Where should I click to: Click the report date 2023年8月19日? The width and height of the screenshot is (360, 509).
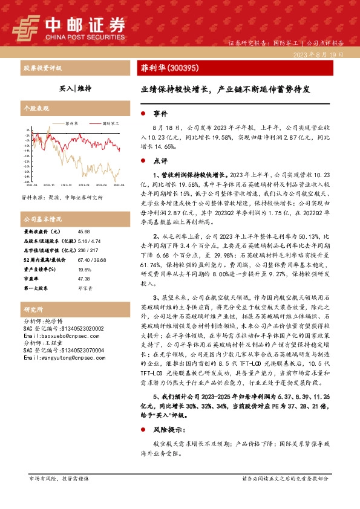click(317, 54)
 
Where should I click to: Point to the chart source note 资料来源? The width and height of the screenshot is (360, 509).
click(62, 197)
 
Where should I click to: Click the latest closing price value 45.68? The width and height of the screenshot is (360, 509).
click(83, 232)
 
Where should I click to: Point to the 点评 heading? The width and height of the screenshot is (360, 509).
click(160, 161)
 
